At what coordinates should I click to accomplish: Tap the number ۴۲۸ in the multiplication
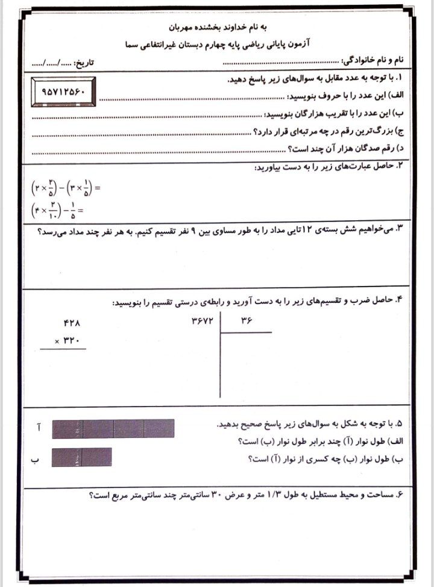(71, 323)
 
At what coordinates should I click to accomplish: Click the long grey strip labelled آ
(113, 428)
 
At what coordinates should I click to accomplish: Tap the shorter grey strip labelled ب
(82, 457)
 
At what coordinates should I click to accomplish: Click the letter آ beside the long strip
(39, 428)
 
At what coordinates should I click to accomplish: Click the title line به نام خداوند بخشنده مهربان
(216, 28)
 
